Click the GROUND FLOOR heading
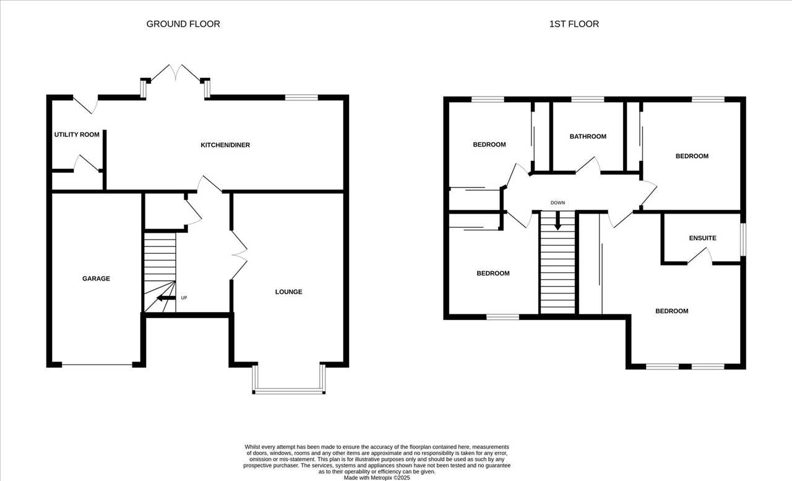click(x=183, y=24)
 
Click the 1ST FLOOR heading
click(x=574, y=24)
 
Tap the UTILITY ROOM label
click(x=77, y=134)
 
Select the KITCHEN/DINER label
click(x=225, y=145)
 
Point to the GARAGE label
click(x=96, y=279)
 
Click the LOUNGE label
click(x=288, y=292)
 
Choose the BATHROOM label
click(x=588, y=137)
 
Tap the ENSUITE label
click(x=702, y=238)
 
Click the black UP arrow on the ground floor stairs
click(x=166, y=298)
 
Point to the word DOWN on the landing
click(x=557, y=202)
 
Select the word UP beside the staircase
click(x=184, y=298)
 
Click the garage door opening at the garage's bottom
click(x=97, y=365)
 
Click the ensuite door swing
click(x=700, y=255)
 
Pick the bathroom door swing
click(x=588, y=165)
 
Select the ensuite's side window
click(x=743, y=240)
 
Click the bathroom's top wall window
click(x=588, y=100)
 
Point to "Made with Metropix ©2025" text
click(x=377, y=478)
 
